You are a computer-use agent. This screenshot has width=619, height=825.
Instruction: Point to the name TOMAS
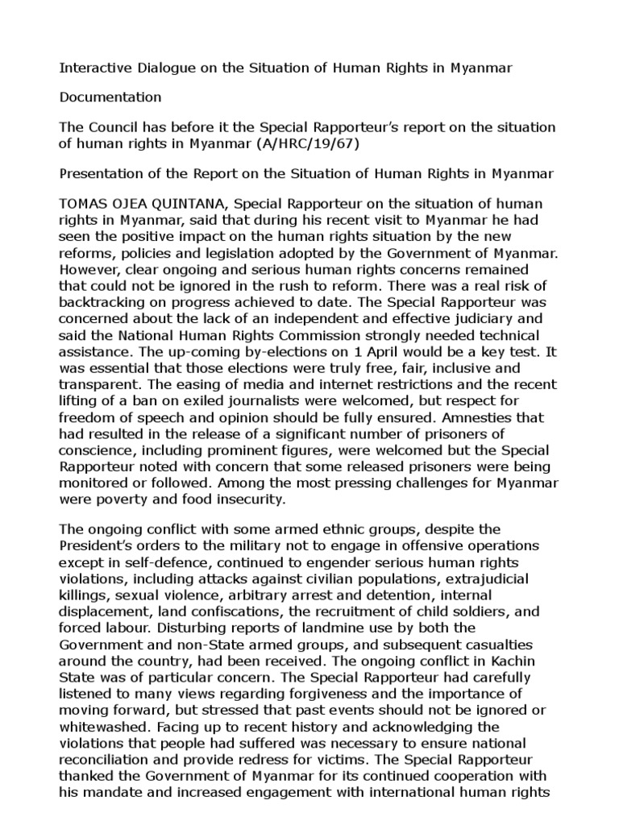click(x=84, y=203)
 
